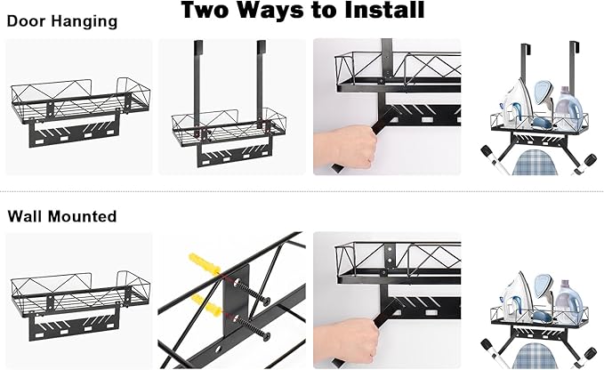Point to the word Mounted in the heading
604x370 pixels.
[81, 216]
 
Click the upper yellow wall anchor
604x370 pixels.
[205, 263]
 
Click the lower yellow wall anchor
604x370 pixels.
[207, 305]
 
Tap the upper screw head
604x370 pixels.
[266, 302]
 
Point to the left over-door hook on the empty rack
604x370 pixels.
[198, 84]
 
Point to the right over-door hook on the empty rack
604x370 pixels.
[261, 84]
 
